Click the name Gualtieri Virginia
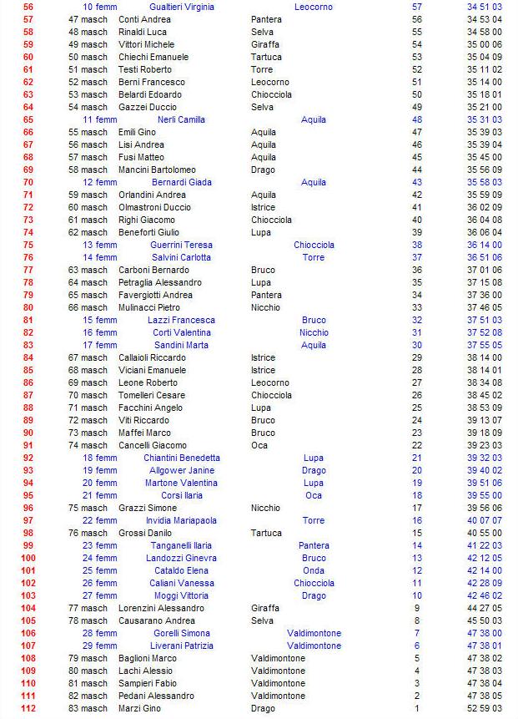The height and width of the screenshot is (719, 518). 181,7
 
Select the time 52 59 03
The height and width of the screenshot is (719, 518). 484,708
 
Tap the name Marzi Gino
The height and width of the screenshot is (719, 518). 140,708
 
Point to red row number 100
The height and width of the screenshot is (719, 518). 28,558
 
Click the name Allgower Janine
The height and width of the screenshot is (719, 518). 181,470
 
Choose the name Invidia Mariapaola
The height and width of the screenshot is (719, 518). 181,520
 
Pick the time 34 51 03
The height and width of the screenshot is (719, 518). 484,7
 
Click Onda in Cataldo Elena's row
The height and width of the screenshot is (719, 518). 314,570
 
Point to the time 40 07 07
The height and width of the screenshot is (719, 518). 484,520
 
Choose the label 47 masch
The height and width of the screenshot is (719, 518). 88,19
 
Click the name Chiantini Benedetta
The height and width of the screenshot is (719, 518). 181,458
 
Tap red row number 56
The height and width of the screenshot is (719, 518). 28,7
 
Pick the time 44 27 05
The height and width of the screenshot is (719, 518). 484,608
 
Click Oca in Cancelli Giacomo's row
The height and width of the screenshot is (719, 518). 259,445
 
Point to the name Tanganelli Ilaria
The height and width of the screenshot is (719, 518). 181,545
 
